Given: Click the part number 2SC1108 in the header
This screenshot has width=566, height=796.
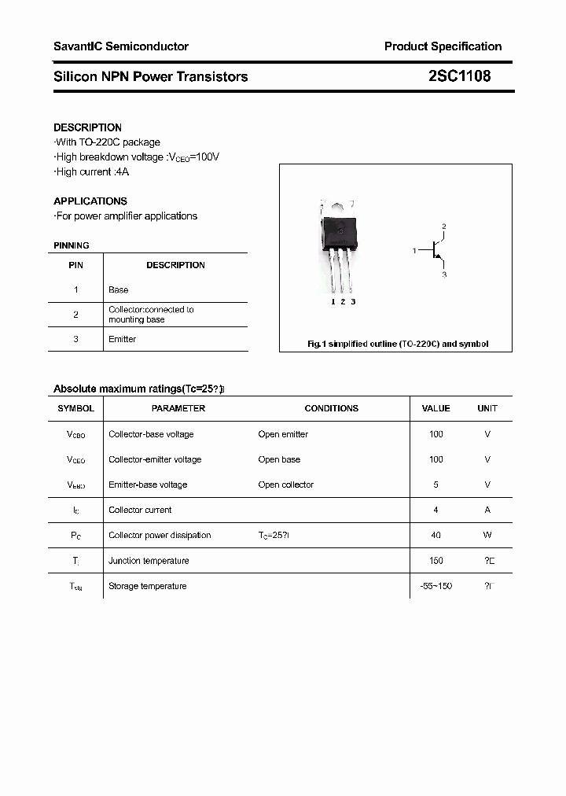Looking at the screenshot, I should tap(459, 76).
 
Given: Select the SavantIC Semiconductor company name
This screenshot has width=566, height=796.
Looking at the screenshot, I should tap(120, 46).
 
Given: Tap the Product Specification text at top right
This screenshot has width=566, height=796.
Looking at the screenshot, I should tap(443, 46).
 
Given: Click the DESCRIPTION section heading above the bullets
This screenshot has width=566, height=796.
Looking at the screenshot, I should tap(87, 127).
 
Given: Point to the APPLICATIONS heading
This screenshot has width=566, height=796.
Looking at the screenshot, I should tap(90, 201).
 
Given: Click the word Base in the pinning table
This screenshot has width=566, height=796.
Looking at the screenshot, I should tap(118, 290).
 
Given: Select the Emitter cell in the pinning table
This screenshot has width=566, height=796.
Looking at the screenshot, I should tap(122, 339).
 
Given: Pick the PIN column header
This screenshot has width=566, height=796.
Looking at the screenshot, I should tap(75, 265).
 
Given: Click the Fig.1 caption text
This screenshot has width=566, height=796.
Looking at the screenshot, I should tap(396, 344).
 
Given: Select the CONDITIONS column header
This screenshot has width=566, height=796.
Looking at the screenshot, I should tap(331, 408).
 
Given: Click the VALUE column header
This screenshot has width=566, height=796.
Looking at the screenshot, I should tap(436, 408).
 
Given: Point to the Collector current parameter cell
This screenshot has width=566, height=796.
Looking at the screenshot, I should tap(140, 510).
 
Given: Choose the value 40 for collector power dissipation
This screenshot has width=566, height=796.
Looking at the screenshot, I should tap(436, 535).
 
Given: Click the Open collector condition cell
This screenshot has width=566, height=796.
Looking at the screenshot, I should tap(285, 485).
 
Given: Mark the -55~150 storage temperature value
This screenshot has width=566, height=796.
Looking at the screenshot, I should tap(436, 586).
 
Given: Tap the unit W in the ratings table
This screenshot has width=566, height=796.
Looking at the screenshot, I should tap(487, 535).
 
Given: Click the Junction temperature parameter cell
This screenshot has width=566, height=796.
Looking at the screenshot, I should tap(149, 561).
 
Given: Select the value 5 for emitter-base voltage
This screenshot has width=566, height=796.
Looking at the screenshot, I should tap(436, 485).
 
